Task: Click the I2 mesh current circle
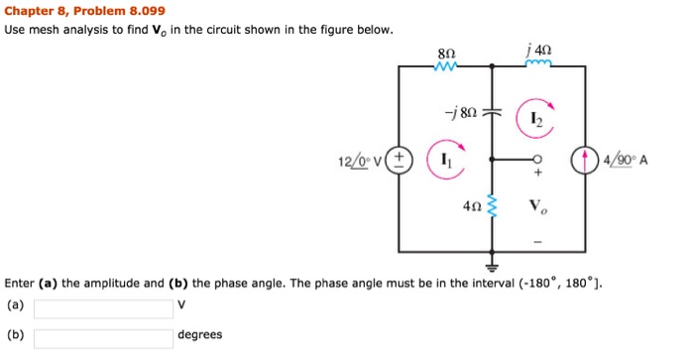535,118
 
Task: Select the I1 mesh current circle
446,164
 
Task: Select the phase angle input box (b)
103,337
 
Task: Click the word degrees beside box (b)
200,335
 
